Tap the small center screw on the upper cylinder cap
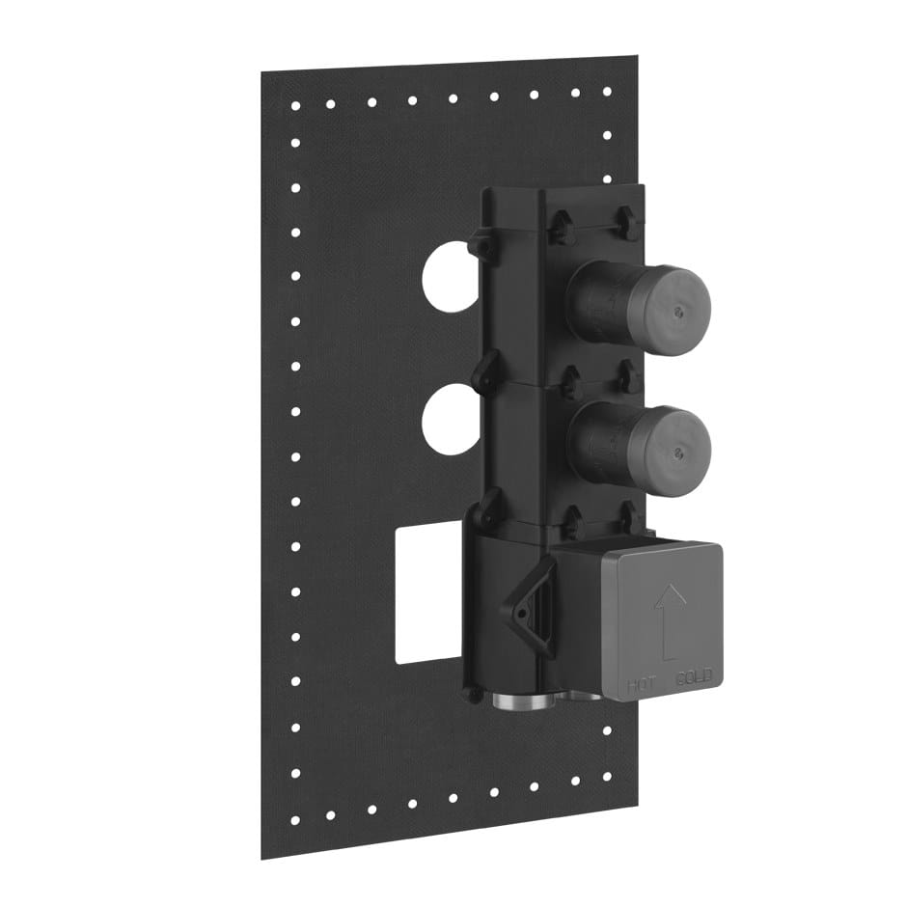point(682,310)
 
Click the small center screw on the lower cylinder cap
point(683,450)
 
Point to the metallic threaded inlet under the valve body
point(522,699)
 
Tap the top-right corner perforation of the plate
point(607,92)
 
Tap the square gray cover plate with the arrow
point(662,618)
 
